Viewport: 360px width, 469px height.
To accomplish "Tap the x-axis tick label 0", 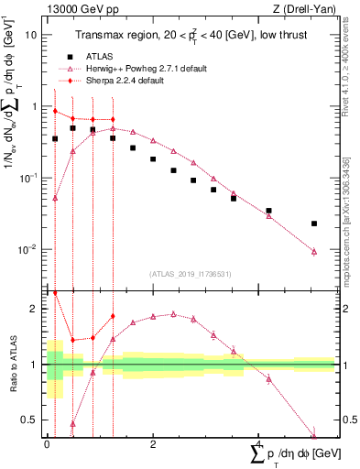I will pos(47,445).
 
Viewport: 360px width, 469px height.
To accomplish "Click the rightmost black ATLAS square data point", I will pos(314,224).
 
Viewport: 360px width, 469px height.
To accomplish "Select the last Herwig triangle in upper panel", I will pos(314,251).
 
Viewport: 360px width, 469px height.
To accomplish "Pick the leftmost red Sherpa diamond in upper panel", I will pos(55,112).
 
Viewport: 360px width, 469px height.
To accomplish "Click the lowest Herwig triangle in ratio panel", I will pos(314,436).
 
